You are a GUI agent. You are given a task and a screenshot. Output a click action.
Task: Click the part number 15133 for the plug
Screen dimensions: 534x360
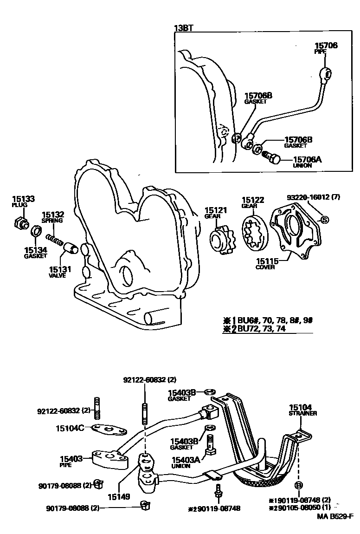click(23, 199)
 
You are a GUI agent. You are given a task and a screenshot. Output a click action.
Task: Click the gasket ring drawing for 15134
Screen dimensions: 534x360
click(36, 231)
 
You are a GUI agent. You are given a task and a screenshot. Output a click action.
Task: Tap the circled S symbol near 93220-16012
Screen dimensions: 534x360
click(324, 220)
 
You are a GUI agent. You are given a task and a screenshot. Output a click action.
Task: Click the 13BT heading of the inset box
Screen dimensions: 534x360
click(183, 28)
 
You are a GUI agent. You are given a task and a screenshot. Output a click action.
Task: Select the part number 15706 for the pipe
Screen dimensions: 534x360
click(326, 46)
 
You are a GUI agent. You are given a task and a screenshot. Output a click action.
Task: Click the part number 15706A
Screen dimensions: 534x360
click(308, 159)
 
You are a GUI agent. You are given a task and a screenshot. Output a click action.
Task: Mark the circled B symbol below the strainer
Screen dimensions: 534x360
click(299, 485)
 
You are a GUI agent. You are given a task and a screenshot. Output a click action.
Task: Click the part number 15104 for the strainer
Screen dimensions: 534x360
click(301, 406)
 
